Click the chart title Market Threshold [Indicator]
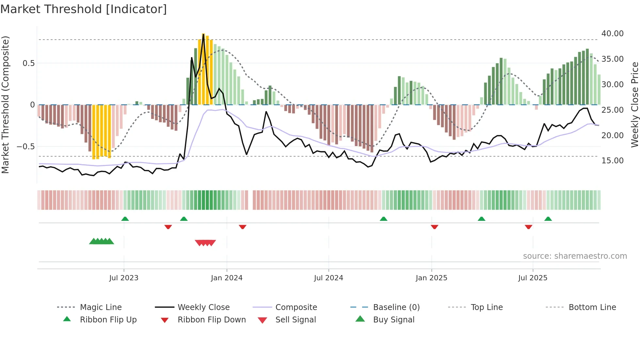(84, 9)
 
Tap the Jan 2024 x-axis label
(227, 278)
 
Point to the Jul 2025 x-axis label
(533, 278)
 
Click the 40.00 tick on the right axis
(612, 34)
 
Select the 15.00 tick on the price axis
(612, 161)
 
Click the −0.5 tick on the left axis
(26, 147)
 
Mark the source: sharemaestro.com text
(575, 256)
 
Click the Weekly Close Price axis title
(634, 105)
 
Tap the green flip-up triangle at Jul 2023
(125, 219)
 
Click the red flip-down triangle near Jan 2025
(434, 227)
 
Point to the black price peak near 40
(203, 35)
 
